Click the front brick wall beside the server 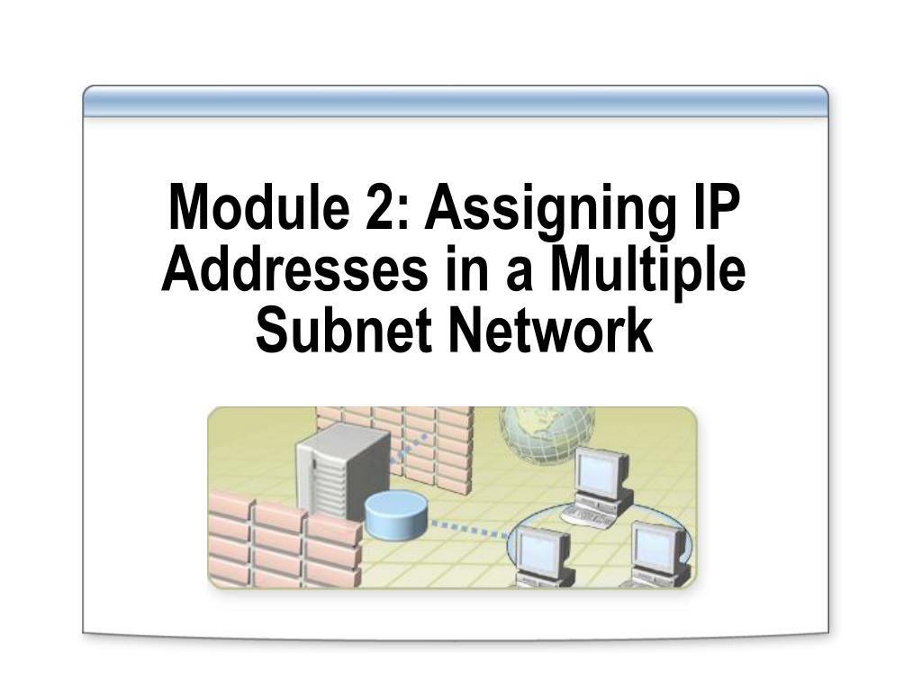(x=285, y=539)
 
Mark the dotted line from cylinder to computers (x=469, y=528)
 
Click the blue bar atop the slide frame (x=455, y=101)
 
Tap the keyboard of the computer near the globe (x=586, y=514)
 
